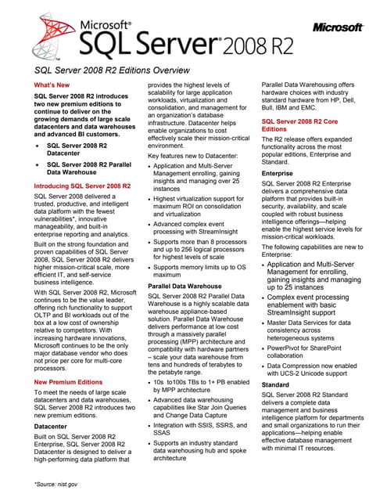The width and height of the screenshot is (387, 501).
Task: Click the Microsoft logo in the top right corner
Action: pos(338,28)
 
